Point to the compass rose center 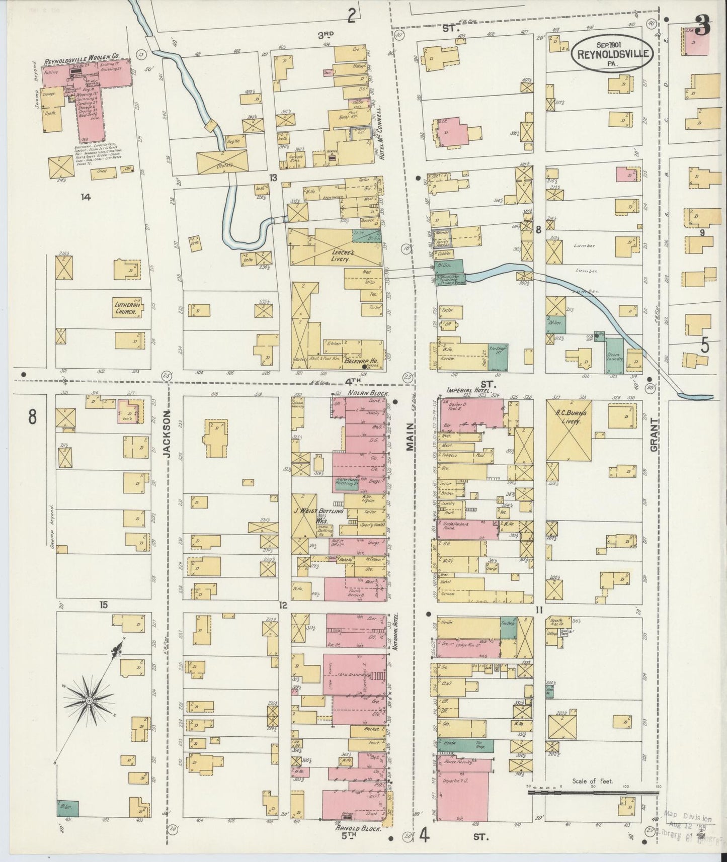coord(89,700)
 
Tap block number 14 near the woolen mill coord(85,198)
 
